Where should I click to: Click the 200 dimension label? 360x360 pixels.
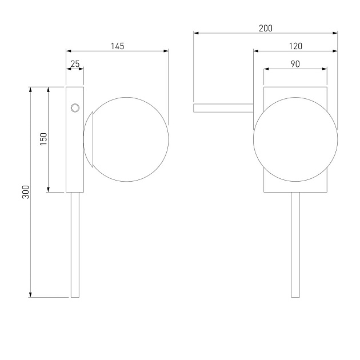coord(266,28)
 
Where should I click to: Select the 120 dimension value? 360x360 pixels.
coord(295,46)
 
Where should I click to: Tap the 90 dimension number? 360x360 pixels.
coord(295,64)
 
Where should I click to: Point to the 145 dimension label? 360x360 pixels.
coord(118,46)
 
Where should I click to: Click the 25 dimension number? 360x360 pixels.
coord(75,64)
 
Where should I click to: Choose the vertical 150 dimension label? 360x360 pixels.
coord(43,139)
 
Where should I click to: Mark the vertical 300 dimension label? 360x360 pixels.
coord(26,192)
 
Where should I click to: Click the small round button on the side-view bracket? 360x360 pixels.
coord(75,108)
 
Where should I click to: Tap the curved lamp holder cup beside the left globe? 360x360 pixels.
coord(89,139)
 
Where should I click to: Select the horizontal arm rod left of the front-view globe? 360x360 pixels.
coord(223,108)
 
